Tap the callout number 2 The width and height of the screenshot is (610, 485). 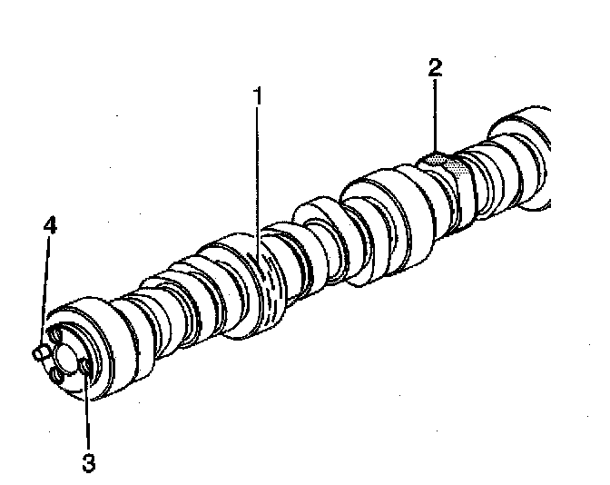435,67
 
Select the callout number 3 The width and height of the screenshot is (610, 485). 88,461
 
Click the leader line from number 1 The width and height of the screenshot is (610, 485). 258,182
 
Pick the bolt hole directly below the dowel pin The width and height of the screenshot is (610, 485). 56,373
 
